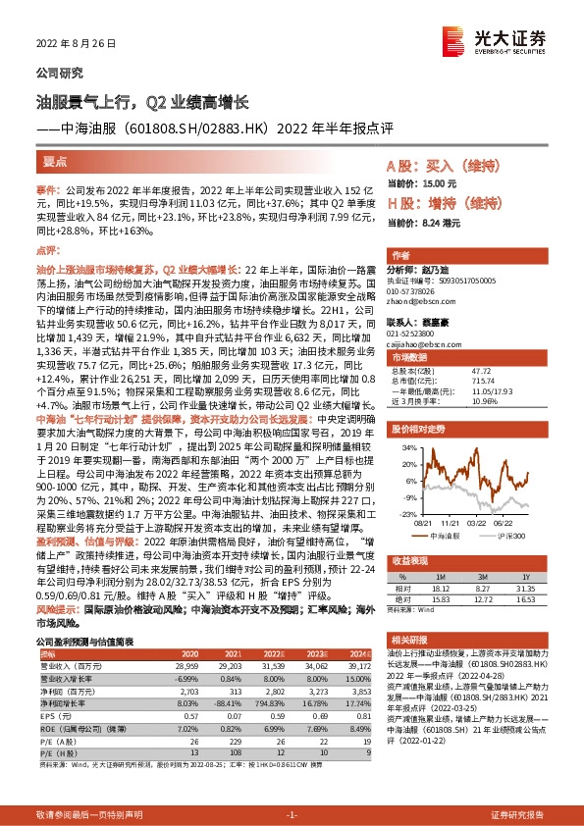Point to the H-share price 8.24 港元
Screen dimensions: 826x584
(438, 224)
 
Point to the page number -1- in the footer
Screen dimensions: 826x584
(292, 815)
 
